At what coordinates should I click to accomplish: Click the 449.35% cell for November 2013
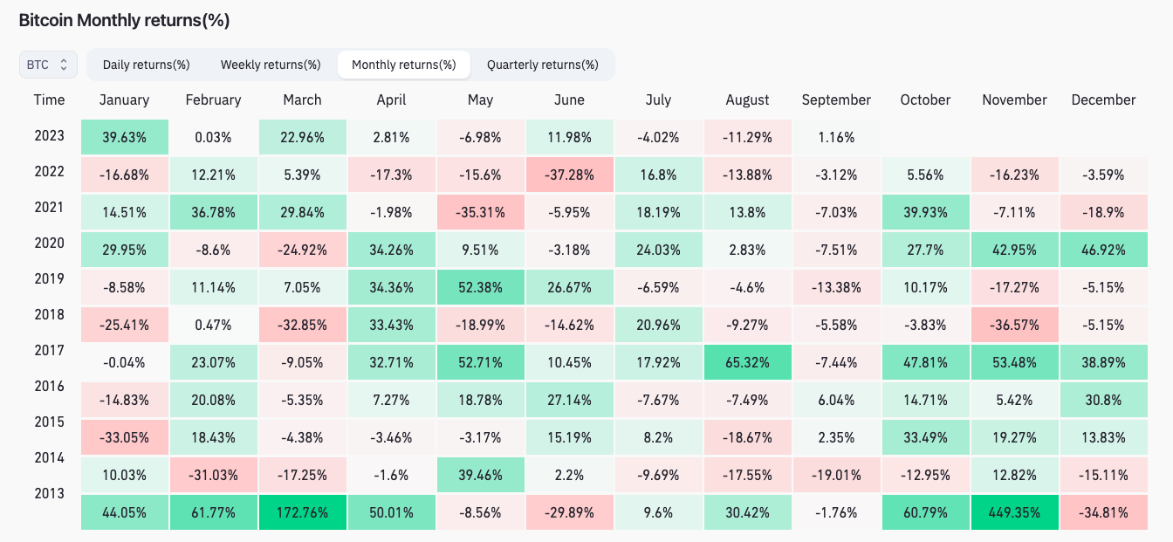pos(1014,512)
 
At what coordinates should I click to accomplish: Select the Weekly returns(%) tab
pos(271,65)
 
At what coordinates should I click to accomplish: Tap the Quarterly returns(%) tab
pos(542,65)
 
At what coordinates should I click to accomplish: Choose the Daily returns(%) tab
pos(146,65)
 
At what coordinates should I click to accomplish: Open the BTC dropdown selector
pos(48,65)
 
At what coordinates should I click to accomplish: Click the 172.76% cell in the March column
pos(302,512)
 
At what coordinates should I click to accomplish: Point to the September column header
pos(836,99)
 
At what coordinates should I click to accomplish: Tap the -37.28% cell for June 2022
pos(569,175)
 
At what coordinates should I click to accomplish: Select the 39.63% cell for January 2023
pos(124,137)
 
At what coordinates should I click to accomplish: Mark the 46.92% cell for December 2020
pos(1103,250)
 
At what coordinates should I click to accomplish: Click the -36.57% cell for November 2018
pos(1014,325)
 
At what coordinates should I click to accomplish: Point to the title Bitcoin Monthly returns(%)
pos(124,20)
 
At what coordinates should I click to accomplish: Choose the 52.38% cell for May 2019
pos(480,287)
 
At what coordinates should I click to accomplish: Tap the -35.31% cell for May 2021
pos(480,212)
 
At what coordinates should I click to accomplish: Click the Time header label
pos(49,99)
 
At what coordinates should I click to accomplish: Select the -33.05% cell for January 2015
pos(124,437)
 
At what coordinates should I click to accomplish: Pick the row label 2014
pos(49,457)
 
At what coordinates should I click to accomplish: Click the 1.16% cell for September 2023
pos(836,137)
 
